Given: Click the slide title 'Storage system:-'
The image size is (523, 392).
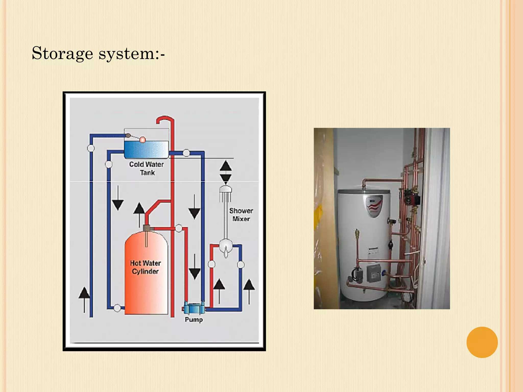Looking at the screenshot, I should point(98,54).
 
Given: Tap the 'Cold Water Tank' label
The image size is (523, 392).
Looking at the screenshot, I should point(146,168).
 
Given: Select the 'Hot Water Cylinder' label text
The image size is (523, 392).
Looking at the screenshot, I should point(145,267).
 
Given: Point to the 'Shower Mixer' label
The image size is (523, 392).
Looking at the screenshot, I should point(241,215).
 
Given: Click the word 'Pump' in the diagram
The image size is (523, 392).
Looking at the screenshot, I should point(194,320).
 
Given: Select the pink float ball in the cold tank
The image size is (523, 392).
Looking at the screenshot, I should point(142,140).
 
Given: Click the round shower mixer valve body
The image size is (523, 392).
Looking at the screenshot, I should point(225,246).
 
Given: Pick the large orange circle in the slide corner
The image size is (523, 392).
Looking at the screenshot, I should point(482,342).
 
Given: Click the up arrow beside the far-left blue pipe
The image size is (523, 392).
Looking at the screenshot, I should point(84,299).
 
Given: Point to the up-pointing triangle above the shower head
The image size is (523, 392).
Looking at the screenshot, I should point(226,166).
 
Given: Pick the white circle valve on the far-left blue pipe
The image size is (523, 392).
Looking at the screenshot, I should point(91,148).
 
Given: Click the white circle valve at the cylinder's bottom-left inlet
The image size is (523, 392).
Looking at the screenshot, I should point(117,308).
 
